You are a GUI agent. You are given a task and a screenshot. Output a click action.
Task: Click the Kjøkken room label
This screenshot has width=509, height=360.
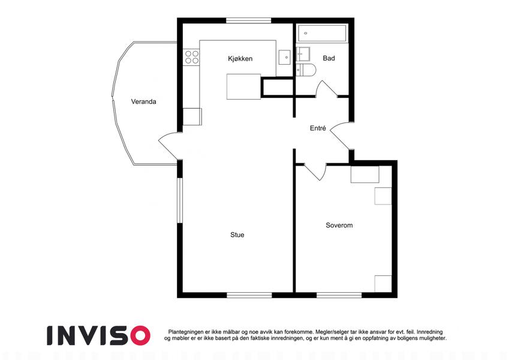(240, 59)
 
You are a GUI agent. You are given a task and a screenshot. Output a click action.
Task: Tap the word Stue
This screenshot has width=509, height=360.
(237, 235)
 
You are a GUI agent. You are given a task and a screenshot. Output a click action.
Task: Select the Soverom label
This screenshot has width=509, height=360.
(339, 225)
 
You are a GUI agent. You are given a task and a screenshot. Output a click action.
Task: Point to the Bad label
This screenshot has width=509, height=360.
(329, 58)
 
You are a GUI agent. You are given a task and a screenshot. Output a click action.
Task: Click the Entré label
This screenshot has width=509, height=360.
(318, 128)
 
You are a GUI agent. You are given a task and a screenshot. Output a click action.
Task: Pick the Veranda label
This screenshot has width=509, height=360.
(143, 101)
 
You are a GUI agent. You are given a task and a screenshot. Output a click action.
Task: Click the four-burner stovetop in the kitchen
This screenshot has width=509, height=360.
(191, 57)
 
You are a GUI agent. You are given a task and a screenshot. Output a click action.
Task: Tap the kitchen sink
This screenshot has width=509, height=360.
(285, 57)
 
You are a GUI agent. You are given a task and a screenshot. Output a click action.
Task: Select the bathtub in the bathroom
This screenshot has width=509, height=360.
(322, 33)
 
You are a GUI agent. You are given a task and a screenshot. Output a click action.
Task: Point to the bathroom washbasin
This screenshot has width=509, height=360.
(303, 54)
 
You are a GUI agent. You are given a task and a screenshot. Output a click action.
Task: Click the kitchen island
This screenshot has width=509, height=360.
(243, 86)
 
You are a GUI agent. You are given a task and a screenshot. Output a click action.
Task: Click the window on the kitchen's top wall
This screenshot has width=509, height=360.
(249, 20)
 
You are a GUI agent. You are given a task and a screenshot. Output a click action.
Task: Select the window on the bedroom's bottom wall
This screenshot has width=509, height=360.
(339, 295)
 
